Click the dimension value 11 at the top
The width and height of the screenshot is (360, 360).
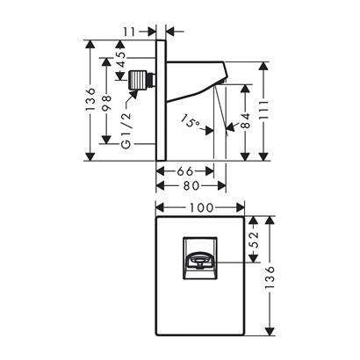pos(129,32)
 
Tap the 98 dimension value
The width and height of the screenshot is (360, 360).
pos(107,103)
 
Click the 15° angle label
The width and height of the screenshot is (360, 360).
pos(191,121)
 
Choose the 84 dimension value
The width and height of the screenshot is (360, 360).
pos(246,120)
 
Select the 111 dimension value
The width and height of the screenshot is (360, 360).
pos(263,110)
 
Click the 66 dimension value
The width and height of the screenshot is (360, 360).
pos(185,171)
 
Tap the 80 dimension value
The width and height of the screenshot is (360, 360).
pos(191,185)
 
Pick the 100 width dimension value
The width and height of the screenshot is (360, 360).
pos(201,207)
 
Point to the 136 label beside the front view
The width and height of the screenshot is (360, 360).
pos(270,277)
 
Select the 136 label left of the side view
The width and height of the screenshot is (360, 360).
pos(91,98)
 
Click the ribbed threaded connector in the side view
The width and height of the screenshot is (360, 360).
pos(138,79)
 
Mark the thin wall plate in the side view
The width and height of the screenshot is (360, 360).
pos(161,100)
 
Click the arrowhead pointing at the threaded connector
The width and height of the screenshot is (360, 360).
pos(134,95)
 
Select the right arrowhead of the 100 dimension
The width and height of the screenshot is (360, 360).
pos(241,207)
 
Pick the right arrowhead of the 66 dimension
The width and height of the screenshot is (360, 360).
pos(210,171)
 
